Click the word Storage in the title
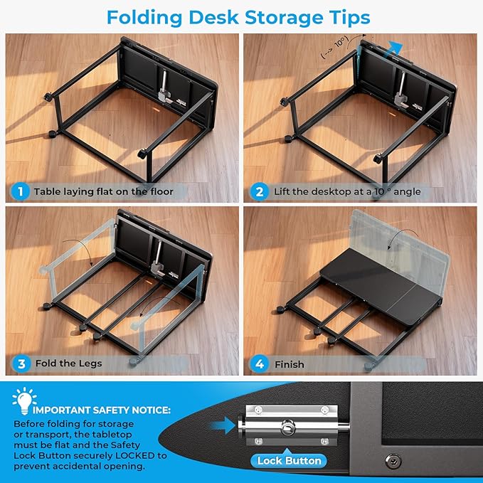(283, 18)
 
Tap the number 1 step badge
(21, 191)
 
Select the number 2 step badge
(259, 191)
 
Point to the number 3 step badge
(21, 363)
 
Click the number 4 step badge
(259, 363)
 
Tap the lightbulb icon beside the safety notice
(24, 400)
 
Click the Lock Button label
(289, 461)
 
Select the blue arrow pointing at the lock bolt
(223, 425)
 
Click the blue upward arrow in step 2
(393, 48)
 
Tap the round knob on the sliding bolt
(287, 428)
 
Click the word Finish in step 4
(290, 364)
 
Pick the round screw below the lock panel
(393, 461)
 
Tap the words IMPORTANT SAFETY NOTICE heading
(101, 410)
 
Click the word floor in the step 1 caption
(161, 191)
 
